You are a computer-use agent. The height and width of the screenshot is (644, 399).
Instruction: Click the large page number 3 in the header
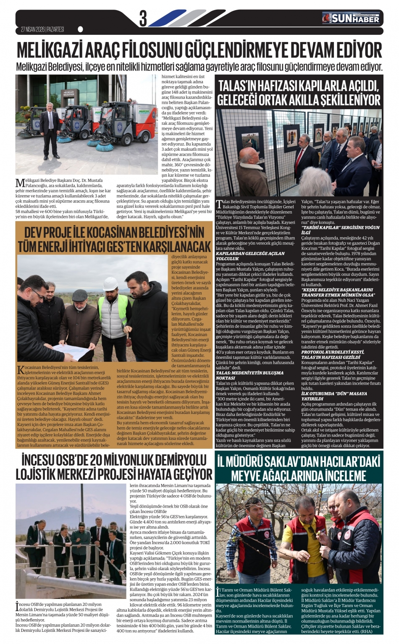tap(143, 19)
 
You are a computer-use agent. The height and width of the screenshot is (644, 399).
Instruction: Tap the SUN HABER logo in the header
tap(351, 18)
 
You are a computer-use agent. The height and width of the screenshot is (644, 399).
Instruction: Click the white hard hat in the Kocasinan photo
tap(110, 281)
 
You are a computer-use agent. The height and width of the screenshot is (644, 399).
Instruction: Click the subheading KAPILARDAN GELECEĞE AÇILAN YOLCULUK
tap(250, 256)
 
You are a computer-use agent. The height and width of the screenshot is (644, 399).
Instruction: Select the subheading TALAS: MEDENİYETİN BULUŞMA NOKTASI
tap(249, 375)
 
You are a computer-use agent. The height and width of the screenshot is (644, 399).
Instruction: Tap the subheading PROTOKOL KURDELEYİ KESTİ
tap(332, 351)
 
